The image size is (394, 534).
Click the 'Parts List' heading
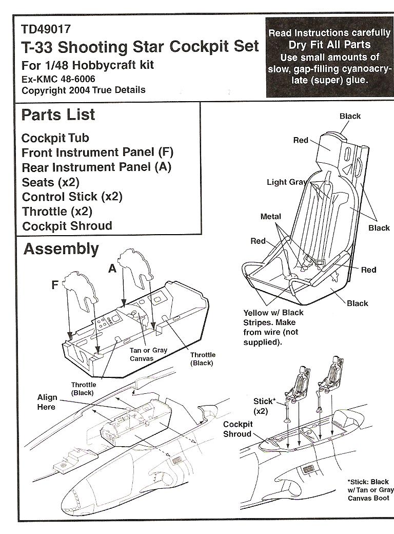click(x=58, y=115)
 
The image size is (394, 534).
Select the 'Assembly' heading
click(x=61, y=250)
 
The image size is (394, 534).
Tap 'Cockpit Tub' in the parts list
click(x=55, y=138)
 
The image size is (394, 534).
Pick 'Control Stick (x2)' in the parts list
click(x=72, y=197)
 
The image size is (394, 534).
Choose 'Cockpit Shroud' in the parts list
click(x=67, y=226)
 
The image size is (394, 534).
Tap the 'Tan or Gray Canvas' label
click(x=148, y=354)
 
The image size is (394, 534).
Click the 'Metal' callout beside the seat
click(x=270, y=217)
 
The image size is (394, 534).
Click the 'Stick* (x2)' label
click(x=265, y=406)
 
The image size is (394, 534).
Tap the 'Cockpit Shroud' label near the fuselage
click(x=237, y=429)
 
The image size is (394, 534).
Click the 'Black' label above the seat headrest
click(x=350, y=116)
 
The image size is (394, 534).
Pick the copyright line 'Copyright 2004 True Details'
click(x=84, y=90)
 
